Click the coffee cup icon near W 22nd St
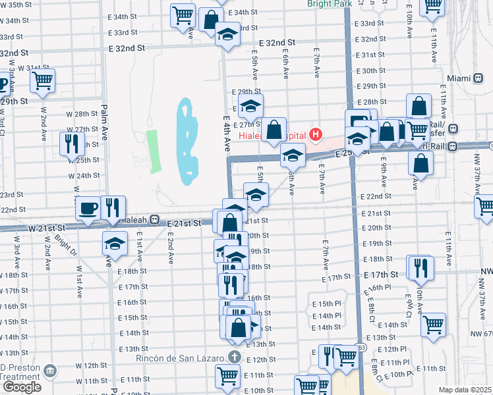[x=87, y=209]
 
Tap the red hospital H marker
[x=316, y=136]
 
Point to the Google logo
[x=21, y=387]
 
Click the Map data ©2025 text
[x=465, y=390]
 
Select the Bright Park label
[x=330, y=3]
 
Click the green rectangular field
[x=154, y=151]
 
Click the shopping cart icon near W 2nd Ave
[x=42, y=81]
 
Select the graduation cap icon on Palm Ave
[x=115, y=244]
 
